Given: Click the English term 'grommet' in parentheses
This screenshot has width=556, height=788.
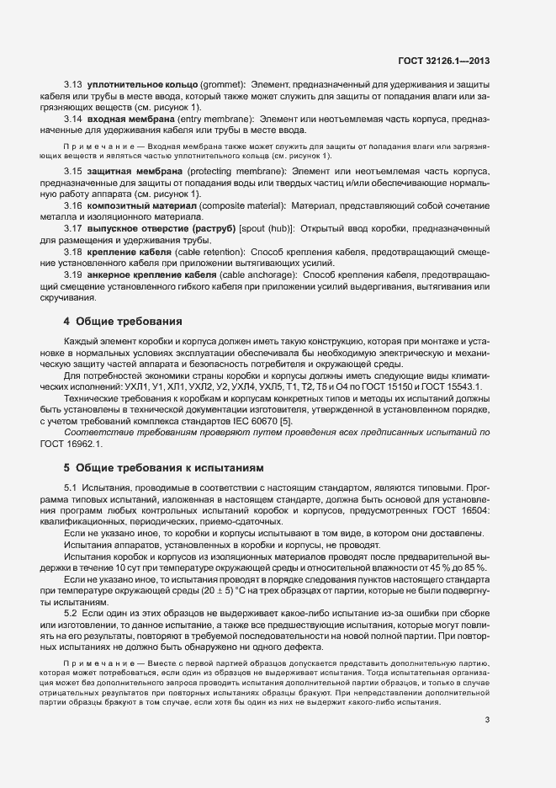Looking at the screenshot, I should (x=222, y=86).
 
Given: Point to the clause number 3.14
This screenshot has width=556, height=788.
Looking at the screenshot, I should (x=72, y=119).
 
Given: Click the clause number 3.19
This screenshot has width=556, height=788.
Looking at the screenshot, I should (x=72, y=275).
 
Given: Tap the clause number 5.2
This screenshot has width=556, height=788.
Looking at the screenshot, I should (x=72, y=615).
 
